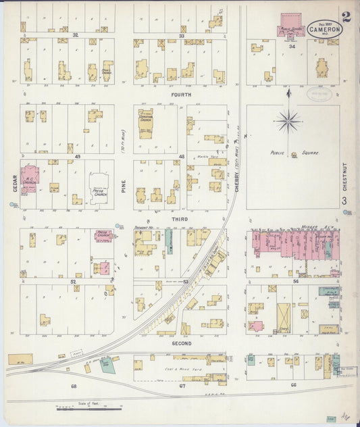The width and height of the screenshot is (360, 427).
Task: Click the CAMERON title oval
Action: pyautogui.click(x=325, y=29)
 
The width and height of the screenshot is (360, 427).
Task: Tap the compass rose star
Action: pyautogui.click(x=288, y=122)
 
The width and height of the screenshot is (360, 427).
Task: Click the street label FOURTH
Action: pyautogui.click(x=180, y=95)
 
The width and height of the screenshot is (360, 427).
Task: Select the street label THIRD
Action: pyautogui.click(x=180, y=220)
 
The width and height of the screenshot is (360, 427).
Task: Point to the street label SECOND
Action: pyautogui.click(x=181, y=343)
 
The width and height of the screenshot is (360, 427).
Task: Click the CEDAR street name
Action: pyautogui.click(x=14, y=182)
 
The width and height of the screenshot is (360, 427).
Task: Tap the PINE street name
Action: pyautogui.click(x=123, y=182)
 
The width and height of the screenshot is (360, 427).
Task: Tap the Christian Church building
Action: pyautogui.click(x=146, y=123)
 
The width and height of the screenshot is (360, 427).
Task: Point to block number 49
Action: pyautogui.click(x=78, y=157)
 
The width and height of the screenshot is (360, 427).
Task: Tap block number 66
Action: pyautogui.click(x=292, y=385)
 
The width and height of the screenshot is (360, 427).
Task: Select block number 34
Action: pyautogui.click(x=292, y=47)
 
